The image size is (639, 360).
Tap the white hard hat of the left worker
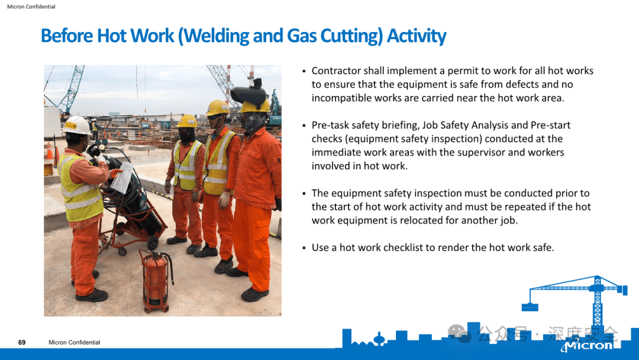point(77,125)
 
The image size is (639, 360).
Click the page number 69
point(22,342)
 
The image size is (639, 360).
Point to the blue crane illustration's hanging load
point(529,306)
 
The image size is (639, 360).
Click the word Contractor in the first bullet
point(335,71)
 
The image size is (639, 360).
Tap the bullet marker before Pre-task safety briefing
point(304,126)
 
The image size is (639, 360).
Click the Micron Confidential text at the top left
point(31,7)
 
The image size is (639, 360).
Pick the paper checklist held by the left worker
point(122,178)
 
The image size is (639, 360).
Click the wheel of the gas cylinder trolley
point(153,243)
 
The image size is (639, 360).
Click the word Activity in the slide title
point(416,36)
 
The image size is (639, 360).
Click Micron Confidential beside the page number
point(75,342)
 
